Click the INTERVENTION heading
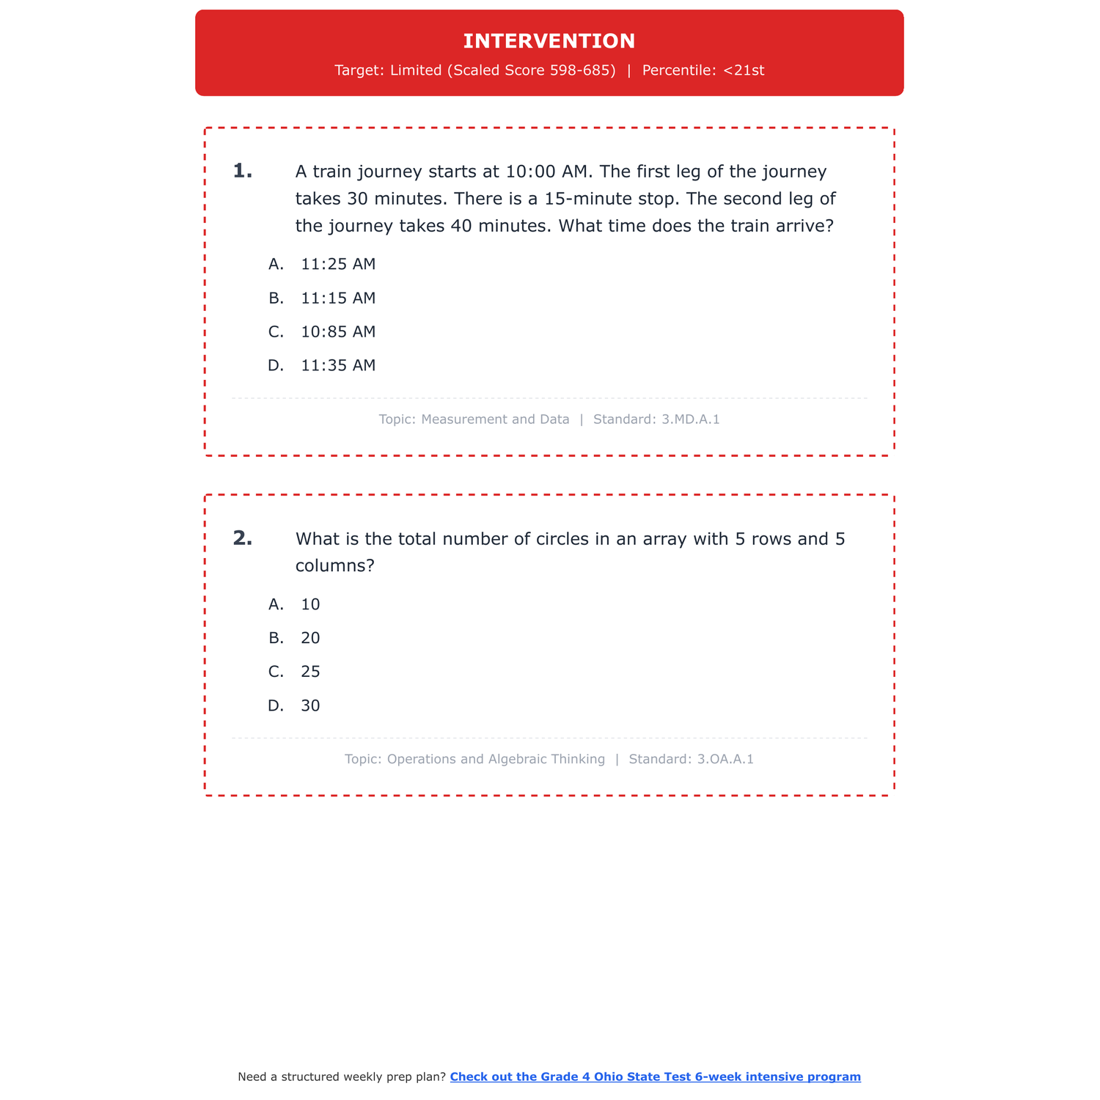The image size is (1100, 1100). click(x=549, y=41)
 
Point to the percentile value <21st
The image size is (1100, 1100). click(x=744, y=70)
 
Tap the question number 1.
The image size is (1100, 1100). click(x=242, y=172)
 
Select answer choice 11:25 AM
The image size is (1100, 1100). click(x=337, y=264)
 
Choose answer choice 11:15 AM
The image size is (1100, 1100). click(x=337, y=298)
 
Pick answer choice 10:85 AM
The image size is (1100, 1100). click(x=337, y=331)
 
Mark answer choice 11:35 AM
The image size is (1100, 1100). click(x=337, y=365)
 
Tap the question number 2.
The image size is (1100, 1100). click(x=242, y=539)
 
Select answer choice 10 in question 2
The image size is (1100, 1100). click(x=310, y=604)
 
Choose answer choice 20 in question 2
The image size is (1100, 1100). click(x=310, y=638)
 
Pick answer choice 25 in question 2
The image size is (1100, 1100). click(x=310, y=672)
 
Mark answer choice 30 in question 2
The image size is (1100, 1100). click(x=310, y=705)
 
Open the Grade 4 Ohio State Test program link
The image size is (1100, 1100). click(x=655, y=1077)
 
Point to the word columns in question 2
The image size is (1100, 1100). click(x=330, y=566)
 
